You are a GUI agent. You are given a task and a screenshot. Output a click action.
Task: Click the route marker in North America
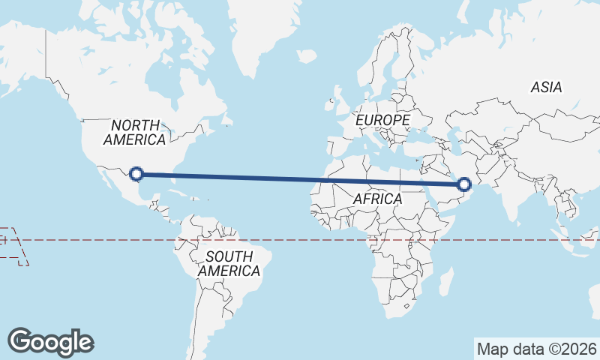(136, 174)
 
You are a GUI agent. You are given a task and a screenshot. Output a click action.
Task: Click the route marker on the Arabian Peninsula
(464, 184)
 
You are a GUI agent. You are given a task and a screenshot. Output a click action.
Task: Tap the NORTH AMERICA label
(135, 133)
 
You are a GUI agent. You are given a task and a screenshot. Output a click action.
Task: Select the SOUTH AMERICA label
(229, 263)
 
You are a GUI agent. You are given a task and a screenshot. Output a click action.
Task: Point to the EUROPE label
(382, 120)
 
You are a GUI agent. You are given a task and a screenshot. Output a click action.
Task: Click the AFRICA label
(377, 199)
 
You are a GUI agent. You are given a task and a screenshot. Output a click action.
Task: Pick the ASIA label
(546, 87)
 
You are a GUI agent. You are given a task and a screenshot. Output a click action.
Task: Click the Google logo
(50, 341)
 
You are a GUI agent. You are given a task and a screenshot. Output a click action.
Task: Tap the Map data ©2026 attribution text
(537, 349)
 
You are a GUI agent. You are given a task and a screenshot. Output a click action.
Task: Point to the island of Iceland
(307, 55)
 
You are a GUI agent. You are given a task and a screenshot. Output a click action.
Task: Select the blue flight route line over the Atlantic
(300, 178)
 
